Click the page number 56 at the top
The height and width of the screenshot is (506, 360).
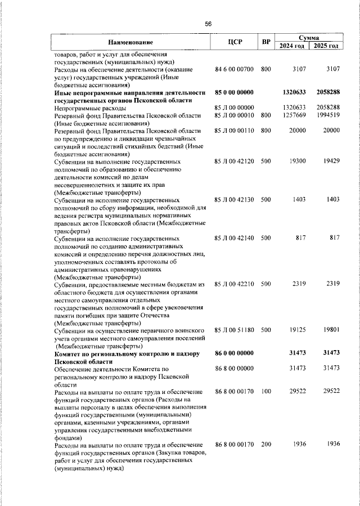tap(208, 24)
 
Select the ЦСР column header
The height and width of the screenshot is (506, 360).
tap(235, 42)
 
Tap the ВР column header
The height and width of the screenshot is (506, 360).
tap(266, 42)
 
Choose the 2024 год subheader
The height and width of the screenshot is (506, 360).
tap(292, 46)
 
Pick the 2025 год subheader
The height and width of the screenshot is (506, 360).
tap(327, 46)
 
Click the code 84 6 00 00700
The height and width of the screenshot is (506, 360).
tap(235, 69)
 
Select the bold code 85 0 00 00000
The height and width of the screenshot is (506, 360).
tap(235, 92)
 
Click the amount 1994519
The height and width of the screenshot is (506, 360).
tap(327, 115)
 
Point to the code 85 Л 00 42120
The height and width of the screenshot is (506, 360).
tap(235, 161)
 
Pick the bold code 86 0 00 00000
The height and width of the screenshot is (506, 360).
tap(235, 353)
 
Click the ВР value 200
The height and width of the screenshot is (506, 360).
tap(266, 445)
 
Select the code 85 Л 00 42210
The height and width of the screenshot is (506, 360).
tap(235, 285)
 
